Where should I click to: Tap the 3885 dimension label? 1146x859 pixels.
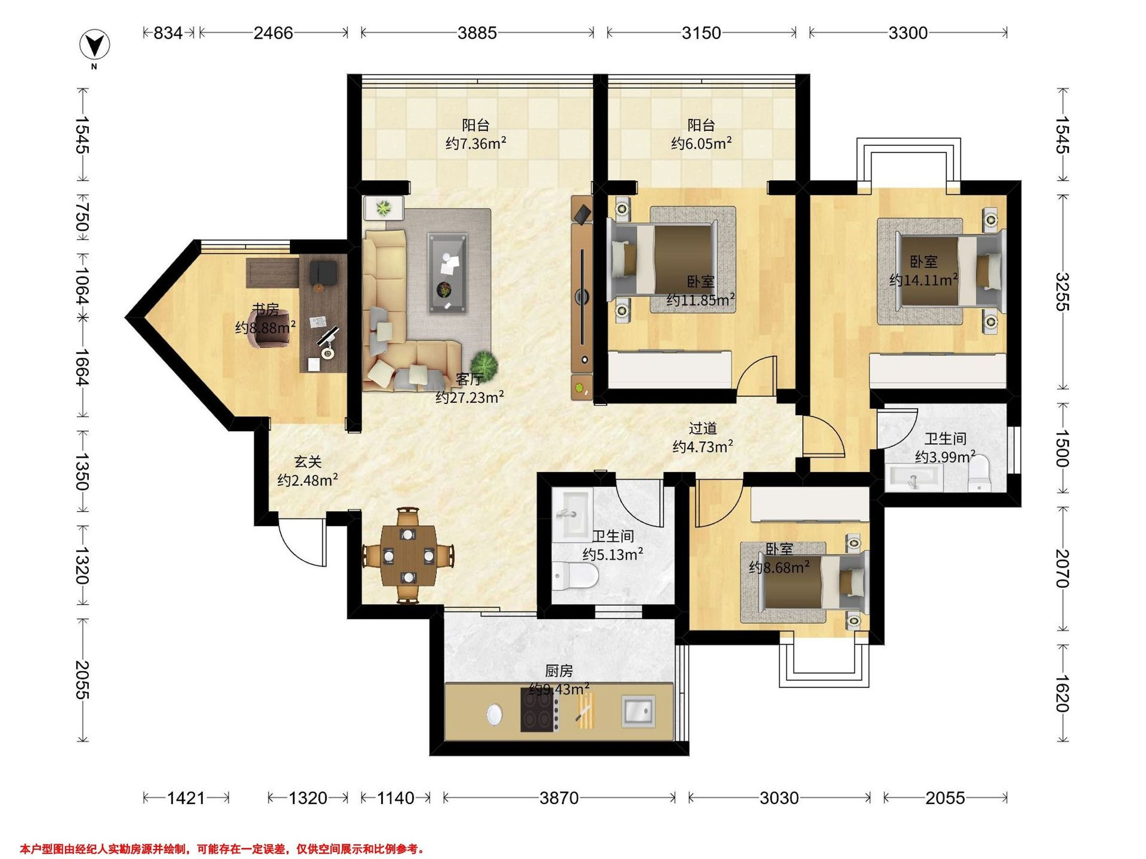[x=477, y=33]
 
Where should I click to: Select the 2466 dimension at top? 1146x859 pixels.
[x=273, y=33]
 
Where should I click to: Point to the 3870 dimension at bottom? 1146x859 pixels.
[x=559, y=798]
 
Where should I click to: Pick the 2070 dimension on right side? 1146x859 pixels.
[x=1062, y=568]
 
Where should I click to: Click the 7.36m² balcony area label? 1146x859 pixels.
[x=476, y=143]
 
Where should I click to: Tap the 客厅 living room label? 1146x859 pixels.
[x=469, y=379]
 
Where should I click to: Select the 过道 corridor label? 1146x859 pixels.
[x=703, y=428]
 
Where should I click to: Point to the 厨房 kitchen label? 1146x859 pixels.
[x=559, y=671]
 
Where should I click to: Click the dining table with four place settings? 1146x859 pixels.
[x=409, y=555]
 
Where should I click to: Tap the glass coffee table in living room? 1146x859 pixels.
[x=447, y=273]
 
